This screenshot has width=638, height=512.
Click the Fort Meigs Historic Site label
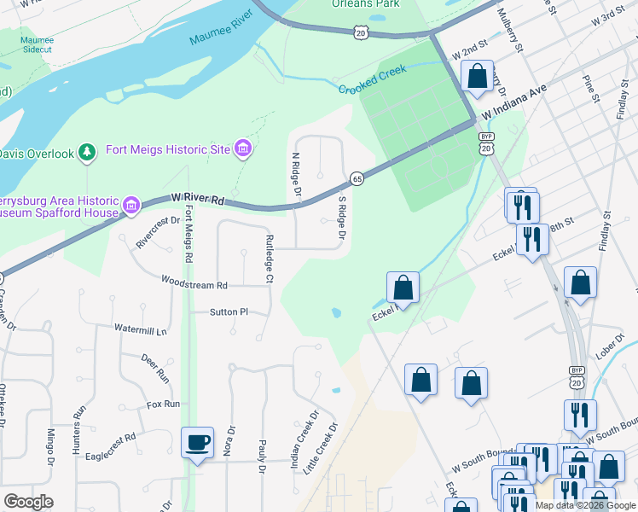(168, 150)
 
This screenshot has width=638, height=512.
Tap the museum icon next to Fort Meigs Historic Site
(244, 150)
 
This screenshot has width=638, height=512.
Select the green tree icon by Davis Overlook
(86, 153)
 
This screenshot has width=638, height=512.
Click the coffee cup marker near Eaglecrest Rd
(198, 443)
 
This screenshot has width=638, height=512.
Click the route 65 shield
(357, 178)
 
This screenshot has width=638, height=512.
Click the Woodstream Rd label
(195, 285)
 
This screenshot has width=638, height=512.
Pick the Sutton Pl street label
(229, 312)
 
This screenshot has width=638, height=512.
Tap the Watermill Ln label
(142, 329)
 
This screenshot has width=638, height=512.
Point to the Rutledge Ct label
(269, 259)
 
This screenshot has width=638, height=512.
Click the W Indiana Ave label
(513, 103)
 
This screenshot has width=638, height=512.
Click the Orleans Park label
(365, 4)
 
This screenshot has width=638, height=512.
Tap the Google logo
(28, 502)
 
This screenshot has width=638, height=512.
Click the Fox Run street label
(163, 404)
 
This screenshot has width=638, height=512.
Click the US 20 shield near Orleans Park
(361, 32)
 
